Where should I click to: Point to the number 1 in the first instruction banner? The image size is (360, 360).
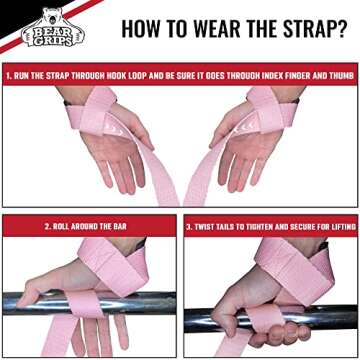[x=9, y=74]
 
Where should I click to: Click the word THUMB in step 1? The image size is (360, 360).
[x=338, y=74]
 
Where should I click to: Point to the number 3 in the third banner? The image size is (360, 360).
[x=190, y=226]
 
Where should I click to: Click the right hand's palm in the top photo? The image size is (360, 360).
[x=250, y=160]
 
